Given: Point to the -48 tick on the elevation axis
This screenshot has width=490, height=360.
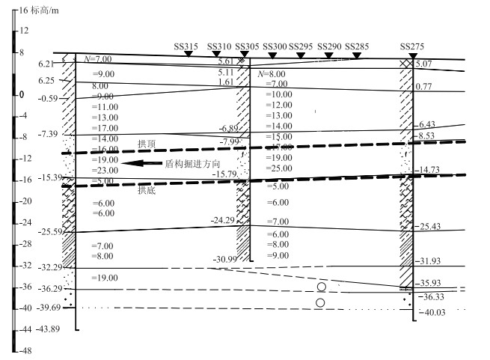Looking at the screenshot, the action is [x=25, y=350].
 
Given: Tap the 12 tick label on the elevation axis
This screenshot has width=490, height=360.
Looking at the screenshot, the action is [x=24, y=31].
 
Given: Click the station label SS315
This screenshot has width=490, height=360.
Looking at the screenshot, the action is [x=186, y=46].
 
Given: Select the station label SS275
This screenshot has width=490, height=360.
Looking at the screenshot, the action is [x=412, y=46].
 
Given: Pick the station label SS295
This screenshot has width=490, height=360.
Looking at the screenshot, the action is [x=301, y=46].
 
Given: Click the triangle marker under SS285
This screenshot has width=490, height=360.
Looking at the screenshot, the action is [x=357, y=55].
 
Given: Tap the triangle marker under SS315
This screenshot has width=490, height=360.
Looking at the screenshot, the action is [x=187, y=55].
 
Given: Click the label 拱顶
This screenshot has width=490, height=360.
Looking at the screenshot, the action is [x=147, y=143].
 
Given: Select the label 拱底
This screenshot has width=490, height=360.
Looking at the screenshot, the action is [x=147, y=191].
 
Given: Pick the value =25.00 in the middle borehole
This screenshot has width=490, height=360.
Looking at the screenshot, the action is [x=278, y=168].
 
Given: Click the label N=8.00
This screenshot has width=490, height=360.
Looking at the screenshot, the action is [x=271, y=74].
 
